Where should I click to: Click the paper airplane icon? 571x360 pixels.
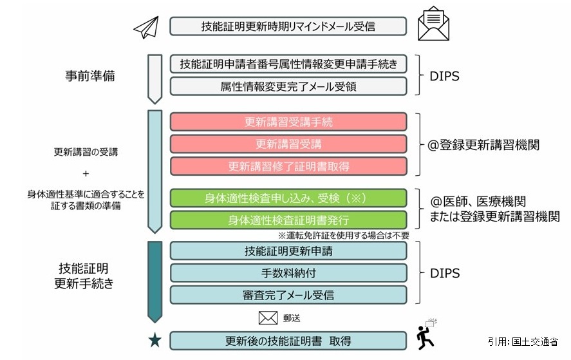(x=146, y=26)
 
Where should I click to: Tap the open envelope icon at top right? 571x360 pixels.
(x=433, y=24)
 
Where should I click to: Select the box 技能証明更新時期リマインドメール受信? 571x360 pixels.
(x=288, y=26)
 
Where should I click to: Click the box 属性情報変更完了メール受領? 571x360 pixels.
(x=288, y=86)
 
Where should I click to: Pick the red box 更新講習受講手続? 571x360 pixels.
(x=288, y=122)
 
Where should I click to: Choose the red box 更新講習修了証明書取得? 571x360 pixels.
(x=288, y=166)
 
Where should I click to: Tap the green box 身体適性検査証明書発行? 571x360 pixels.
(x=288, y=220)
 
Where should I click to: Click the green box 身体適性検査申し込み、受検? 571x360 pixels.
(x=288, y=198)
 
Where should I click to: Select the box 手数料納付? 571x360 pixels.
(x=288, y=272)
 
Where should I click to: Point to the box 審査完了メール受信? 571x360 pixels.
(x=288, y=295)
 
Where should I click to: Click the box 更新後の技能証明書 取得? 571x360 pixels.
(x=288, y=340)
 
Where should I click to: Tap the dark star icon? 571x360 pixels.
(x=154, y=340)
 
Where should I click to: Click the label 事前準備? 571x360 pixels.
(x=90, y=75)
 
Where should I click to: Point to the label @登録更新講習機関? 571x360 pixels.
(x=484, y=145)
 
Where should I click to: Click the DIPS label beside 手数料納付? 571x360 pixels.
(x=445, y=273)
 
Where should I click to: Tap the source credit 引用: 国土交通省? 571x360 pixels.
(x=523, y=341)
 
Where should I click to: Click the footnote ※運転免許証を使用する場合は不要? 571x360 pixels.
(x=342, y=235)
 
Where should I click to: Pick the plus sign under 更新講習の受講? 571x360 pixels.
(x=86, y=173)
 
